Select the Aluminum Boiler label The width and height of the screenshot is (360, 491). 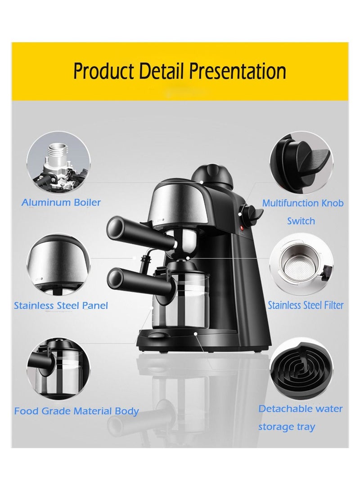pos(61,202)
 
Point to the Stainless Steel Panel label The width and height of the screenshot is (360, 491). pos(61,306)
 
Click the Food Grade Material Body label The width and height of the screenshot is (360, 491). pos(76,411)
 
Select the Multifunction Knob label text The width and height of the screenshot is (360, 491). pos(302,203)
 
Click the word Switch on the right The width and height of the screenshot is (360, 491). pos(301,221)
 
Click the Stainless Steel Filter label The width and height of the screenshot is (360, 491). pos(306,305)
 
